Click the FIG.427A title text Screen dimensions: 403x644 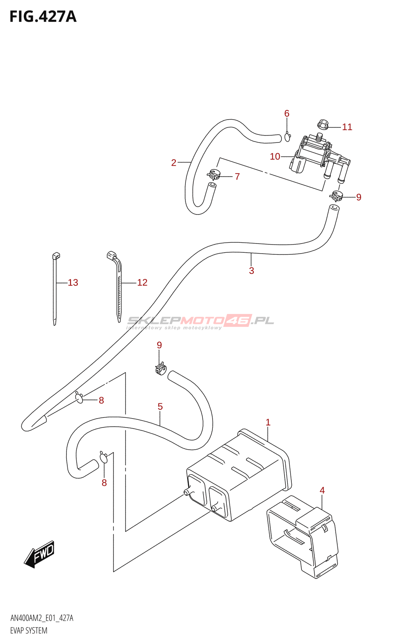(43, 17)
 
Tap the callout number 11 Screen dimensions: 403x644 (347, 127)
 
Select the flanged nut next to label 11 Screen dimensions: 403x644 (323, 125)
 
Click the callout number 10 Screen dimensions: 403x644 (275, 157)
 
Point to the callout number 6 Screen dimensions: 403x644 (287, 114)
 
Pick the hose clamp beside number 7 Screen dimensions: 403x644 (214, 174)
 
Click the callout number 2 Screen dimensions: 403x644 (174, 163)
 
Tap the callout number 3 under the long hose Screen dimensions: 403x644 (251, 270)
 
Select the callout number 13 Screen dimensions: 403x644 (73, 283)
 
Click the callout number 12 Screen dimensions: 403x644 (142, 283)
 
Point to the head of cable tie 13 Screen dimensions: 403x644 (56, 256)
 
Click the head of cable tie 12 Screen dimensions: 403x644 (112, 255)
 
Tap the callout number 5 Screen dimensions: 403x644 (160, 407)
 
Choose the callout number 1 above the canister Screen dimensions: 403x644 (268, 422)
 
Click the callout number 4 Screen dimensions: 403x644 (322, 490)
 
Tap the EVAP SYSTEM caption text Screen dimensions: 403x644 (29, 631)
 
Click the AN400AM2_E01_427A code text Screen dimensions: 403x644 (42, 618)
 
